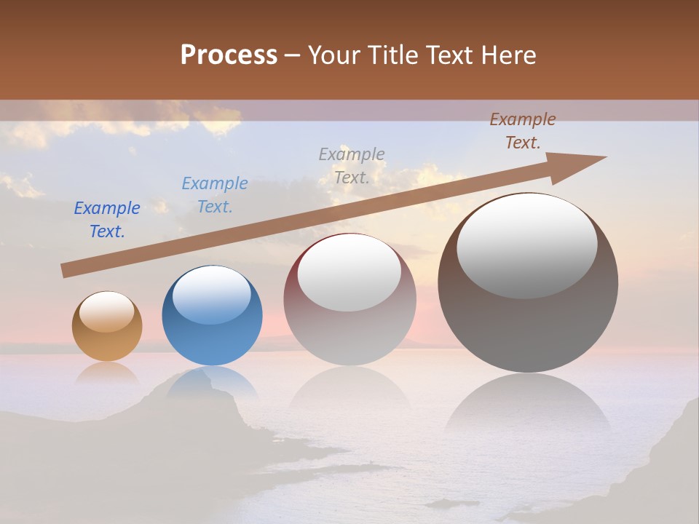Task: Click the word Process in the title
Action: click(x=229, y=55)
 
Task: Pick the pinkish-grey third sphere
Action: click(x=349, y=299)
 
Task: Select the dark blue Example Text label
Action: click(x=107, y=219)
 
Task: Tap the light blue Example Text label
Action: click(x=215, y=194)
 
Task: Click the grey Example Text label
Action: click(x=352, y=165)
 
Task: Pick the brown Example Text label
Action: click(x=523, y=131)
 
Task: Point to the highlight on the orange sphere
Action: click(x=107, y=311)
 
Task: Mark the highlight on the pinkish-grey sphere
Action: click(x=349, y=273)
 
